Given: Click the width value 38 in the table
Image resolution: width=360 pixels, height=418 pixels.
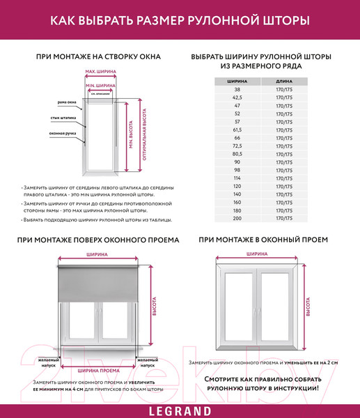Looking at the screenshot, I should (x=237, y=90).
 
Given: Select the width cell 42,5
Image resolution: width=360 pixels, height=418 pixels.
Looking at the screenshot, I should (x=237, y=98).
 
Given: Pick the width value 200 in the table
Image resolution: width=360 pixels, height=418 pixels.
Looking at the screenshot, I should (x=237, y=218).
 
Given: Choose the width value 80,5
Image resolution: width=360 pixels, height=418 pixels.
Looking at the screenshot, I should (x=237, y=154).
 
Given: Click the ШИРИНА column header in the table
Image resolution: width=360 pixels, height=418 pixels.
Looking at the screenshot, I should (x=237, y=81).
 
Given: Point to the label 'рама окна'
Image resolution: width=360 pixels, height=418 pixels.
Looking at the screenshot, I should (x=68, y=102).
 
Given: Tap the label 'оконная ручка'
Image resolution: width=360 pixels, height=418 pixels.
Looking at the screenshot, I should (x=62, y=133).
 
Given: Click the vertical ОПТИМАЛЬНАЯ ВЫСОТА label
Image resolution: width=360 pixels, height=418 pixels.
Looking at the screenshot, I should (x=143, y=135).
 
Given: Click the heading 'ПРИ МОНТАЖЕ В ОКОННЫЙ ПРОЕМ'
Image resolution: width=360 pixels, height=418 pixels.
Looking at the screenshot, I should (x=263, y=240).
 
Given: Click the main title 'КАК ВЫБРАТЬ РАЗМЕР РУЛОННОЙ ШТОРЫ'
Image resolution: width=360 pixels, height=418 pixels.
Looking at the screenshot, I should (x=180, y=21).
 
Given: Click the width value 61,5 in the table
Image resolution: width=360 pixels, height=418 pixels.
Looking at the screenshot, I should (x=237, y=130).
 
